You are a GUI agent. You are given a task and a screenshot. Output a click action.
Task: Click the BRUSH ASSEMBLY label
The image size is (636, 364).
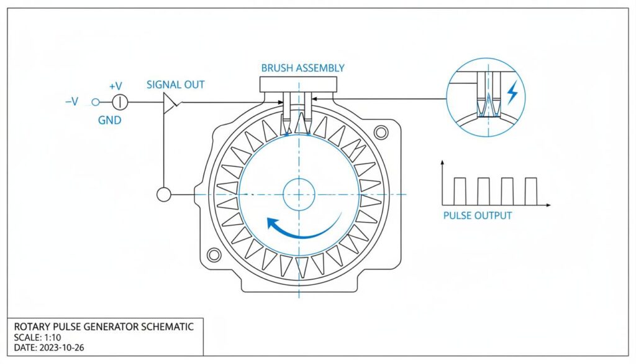click(x=302, y=68)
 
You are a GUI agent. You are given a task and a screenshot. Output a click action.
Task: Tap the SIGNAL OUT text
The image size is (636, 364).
click(x=175, y=85)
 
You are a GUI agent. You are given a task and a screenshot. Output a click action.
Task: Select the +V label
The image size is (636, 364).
click(x=116, y=86)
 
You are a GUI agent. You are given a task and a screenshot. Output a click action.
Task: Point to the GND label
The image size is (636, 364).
click(x=109, y=120)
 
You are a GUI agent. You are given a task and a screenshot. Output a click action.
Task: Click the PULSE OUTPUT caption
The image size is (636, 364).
click(x=478, y=215)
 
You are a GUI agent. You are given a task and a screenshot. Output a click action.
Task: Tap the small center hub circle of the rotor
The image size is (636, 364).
click(x=299, y=194)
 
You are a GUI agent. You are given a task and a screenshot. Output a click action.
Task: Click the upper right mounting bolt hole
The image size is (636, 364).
click(x=381, y=131)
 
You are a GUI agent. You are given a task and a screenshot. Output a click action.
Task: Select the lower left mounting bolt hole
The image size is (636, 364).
click(x=214, y=254)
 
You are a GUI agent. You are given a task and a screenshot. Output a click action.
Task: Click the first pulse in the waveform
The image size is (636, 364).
click(x=460, y=191)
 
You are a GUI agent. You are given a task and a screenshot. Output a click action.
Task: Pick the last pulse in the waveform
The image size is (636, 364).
click(x=530, y=191)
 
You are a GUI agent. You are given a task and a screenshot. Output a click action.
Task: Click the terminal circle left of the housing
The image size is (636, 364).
click(x=164, y=195)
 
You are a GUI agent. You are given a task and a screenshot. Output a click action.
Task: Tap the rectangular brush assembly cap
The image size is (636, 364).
click(x=299, y=83)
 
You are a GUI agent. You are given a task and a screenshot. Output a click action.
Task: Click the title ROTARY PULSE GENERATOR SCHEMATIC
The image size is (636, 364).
click(x=104, y=327)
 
